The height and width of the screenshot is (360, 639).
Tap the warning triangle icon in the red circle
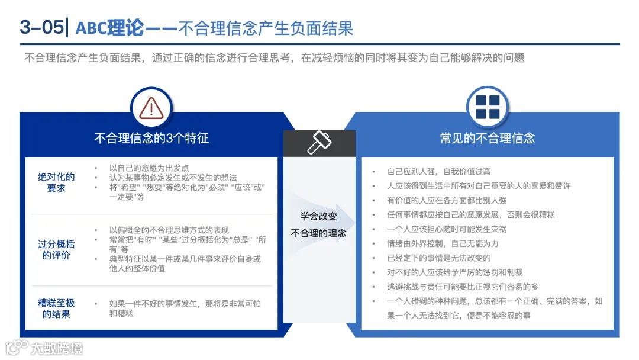151,108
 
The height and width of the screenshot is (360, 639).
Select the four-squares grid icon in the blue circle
487,107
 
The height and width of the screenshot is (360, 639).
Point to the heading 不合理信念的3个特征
151,138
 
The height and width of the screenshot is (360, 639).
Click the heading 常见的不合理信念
487,138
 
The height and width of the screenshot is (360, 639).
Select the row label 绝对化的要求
56,182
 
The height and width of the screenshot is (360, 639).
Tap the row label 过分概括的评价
56,249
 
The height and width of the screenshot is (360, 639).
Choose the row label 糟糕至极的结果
56,308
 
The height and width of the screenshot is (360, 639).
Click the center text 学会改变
319,217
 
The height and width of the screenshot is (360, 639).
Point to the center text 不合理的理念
319,233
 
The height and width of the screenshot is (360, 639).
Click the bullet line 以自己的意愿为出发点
149,168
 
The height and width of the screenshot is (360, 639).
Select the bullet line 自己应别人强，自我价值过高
439,172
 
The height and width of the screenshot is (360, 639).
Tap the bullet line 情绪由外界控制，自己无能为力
443,243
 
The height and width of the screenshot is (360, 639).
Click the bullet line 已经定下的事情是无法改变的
439,258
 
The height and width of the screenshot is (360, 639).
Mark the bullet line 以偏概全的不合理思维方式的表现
169,230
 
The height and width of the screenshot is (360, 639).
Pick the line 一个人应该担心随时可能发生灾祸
447,229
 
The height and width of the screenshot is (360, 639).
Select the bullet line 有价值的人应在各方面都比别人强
447,200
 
